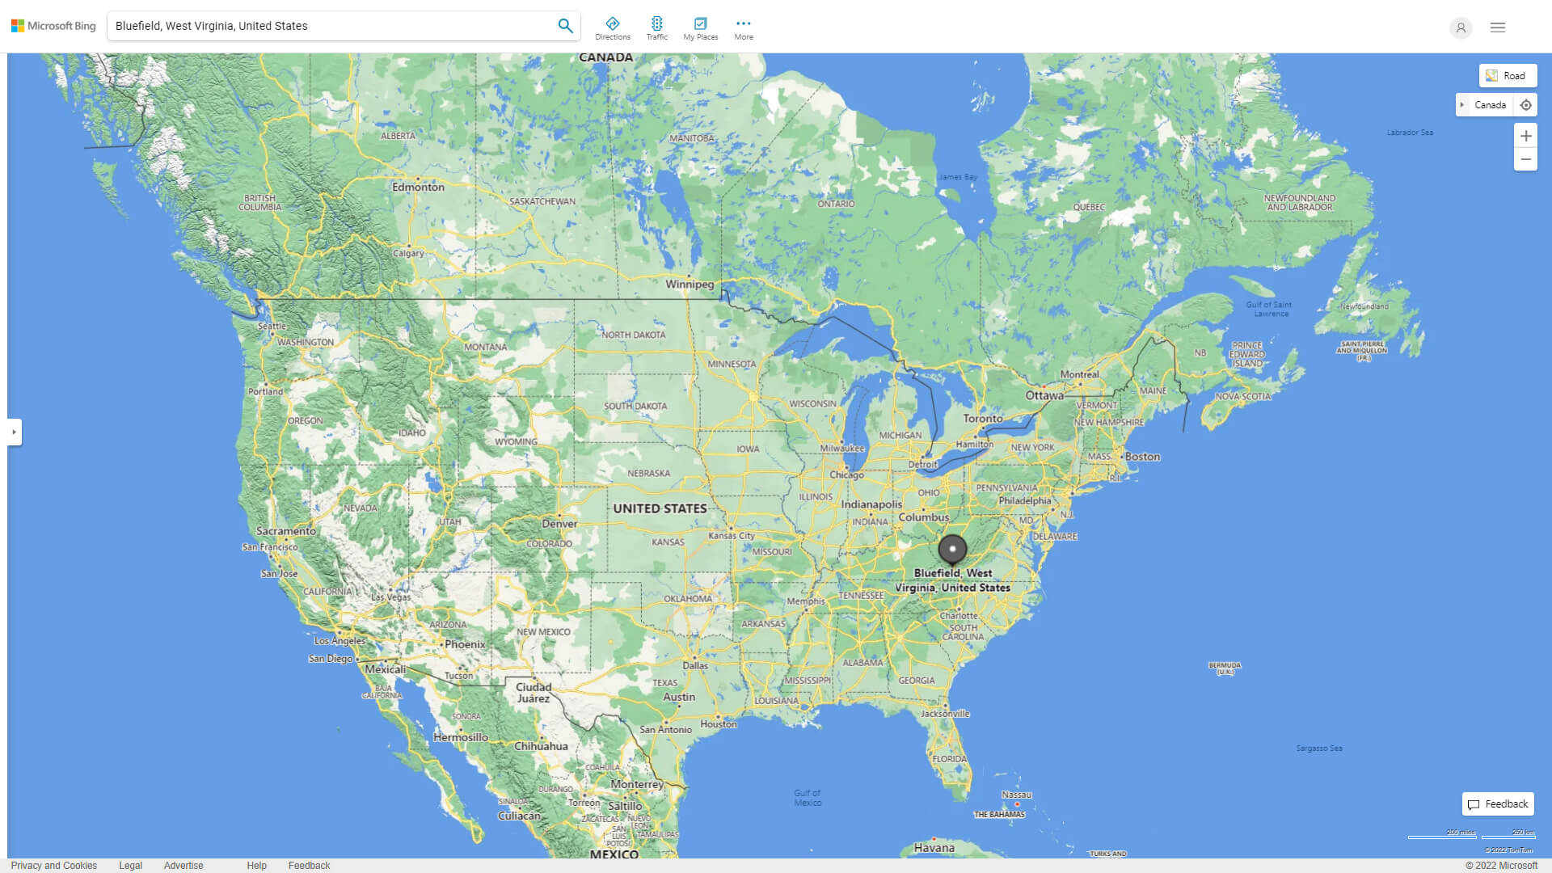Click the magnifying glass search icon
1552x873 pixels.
tap(565, 26)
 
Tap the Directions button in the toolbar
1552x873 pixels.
tap(612, 28)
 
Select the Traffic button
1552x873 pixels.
tap(656, 28)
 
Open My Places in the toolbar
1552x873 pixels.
tap(700, 28)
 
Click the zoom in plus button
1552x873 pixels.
tap(1525, 136)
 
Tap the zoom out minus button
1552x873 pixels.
tap(1525, 159)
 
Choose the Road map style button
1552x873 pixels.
tap(1508, 76)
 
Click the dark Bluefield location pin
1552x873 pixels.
tap(952, 550)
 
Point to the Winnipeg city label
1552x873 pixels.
tap(690, 285)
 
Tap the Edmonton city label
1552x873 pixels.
tap(418, 187)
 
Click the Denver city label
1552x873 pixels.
tap(559, 524)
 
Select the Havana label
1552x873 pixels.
tap(934, 848)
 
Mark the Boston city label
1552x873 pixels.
tap(1142, 457)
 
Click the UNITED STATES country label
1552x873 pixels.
tap(660, 508)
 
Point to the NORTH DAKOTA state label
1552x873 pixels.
tap(633, 335)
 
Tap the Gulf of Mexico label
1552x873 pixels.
tap(807, 798)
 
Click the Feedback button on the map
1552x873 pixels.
tap(1498, 804)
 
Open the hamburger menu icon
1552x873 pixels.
tap(1497, 27)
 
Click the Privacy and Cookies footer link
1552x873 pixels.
tap(54, 866)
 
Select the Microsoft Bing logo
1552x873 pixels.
tap(53, 26)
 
